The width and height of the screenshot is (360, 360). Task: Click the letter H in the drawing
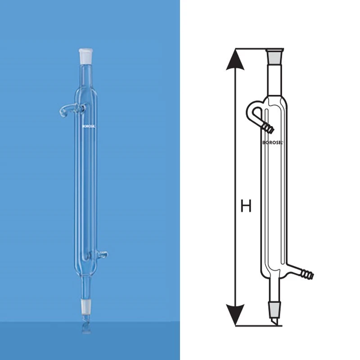(x=246, y=207)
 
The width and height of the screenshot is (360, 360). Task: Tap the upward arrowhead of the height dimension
(x=235, y=61)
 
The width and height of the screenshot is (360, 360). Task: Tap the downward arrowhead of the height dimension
(x=235, y=313)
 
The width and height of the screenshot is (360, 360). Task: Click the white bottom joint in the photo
(x=85, y=306)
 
